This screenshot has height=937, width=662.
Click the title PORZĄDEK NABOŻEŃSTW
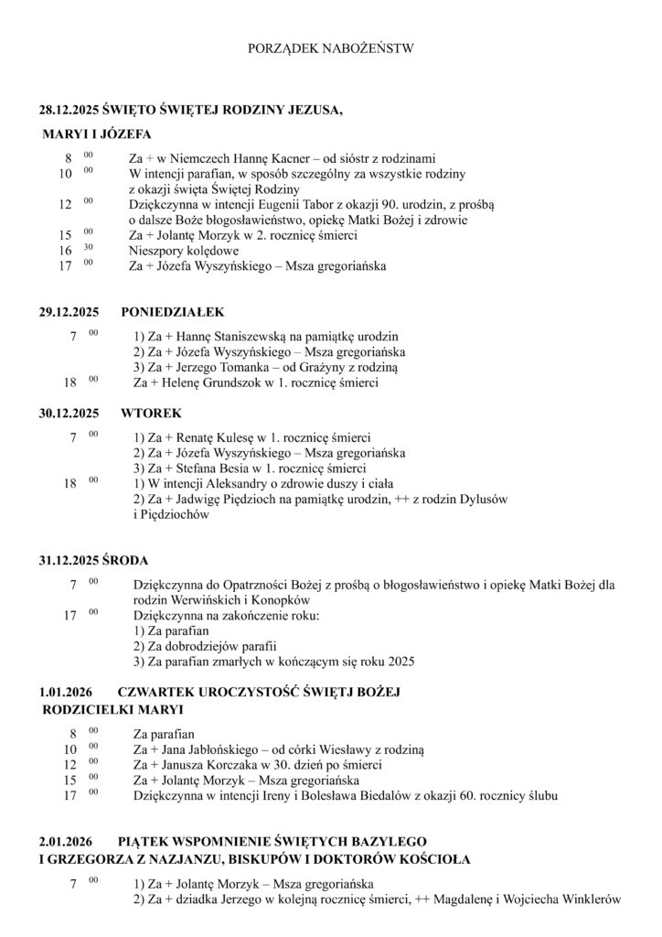[x=330, y=47]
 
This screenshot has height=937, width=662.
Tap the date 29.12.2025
[x=69, y=312]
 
